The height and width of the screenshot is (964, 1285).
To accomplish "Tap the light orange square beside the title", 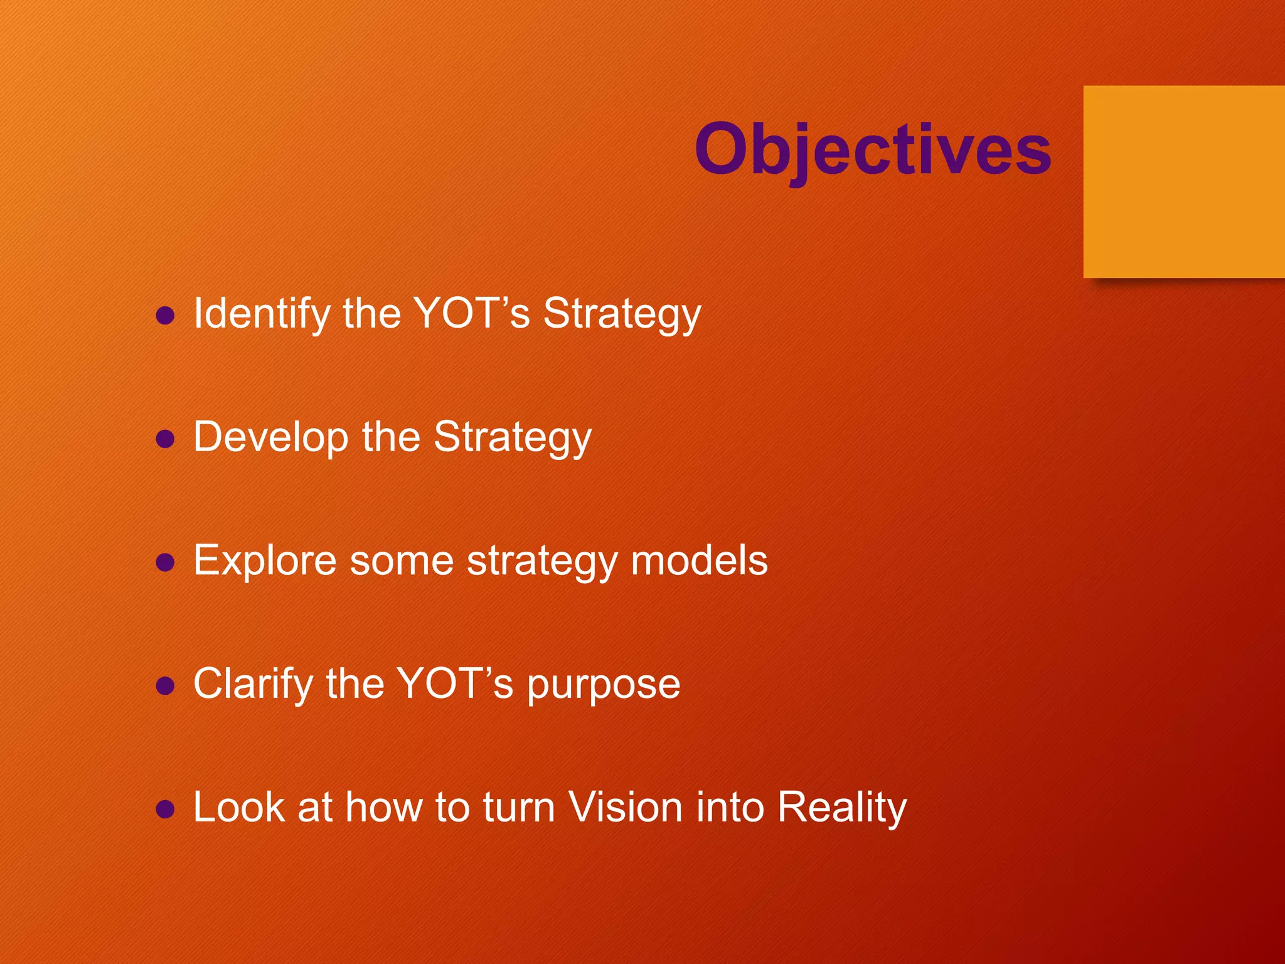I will [1183, 182].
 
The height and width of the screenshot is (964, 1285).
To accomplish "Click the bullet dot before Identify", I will [165, 315].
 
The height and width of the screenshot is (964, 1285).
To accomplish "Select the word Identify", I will [262, 314].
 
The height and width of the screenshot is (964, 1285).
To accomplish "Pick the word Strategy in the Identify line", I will [622, 314].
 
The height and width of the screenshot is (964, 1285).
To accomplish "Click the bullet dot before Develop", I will [165, 439].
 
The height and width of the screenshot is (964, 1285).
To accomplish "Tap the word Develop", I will [271, 437].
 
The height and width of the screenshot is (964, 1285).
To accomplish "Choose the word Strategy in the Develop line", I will [513, 437].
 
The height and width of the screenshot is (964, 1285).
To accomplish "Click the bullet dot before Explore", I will [165, 562].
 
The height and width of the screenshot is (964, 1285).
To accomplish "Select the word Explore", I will [265, 560].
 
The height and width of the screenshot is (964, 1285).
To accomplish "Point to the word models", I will [699, 560].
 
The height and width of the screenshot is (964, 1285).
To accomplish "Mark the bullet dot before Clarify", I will [165, 685].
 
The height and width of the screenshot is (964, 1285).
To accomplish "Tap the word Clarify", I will [253, 684].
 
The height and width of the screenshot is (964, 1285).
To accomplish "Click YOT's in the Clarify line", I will [456, 683].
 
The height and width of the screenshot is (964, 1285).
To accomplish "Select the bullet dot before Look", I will [165, 809].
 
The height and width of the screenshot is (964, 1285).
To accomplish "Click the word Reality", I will [842, 808].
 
